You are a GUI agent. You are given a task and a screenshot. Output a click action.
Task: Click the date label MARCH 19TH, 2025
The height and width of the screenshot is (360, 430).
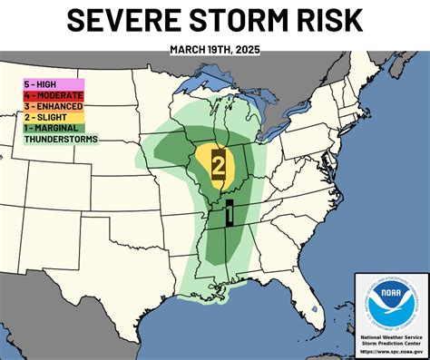pyautogui.click(x=215, y=51)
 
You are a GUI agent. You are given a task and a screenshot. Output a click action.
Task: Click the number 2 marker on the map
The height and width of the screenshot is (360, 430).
pyautogui.click(x=219, y=165)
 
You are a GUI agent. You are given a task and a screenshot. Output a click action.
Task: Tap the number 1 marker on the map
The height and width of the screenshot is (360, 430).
pyautogui.click(x=231, y=212)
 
